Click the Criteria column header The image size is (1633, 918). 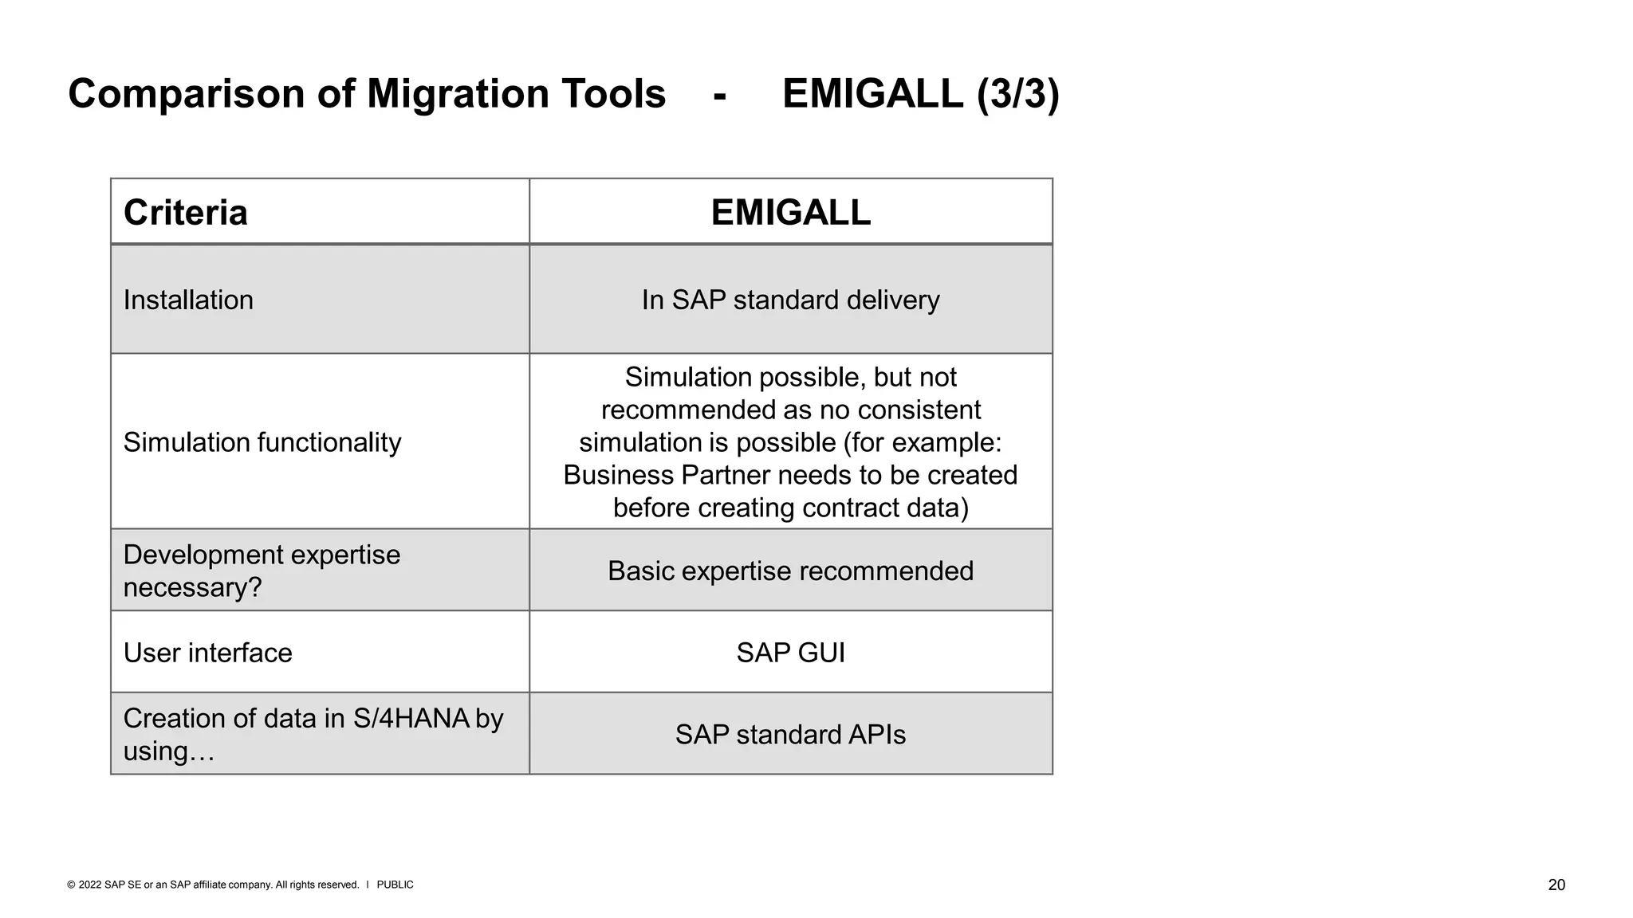(185, 213)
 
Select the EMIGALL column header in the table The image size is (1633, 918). (790, 213)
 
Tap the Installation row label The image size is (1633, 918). (188, 300)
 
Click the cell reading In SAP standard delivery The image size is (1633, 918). (790, 300)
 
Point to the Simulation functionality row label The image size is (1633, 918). (262, 442)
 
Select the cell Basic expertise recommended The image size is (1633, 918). (790, 571)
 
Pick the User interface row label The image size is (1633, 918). (207, 653)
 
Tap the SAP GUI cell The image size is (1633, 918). (790, 653)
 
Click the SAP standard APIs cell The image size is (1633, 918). (790, 735)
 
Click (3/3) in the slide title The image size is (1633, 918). (1018, 94)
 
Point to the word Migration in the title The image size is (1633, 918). (458, 94)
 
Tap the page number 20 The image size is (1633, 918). (1556, 885)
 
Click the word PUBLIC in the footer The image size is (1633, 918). (395, 885)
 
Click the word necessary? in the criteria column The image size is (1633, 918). (192, 588)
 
